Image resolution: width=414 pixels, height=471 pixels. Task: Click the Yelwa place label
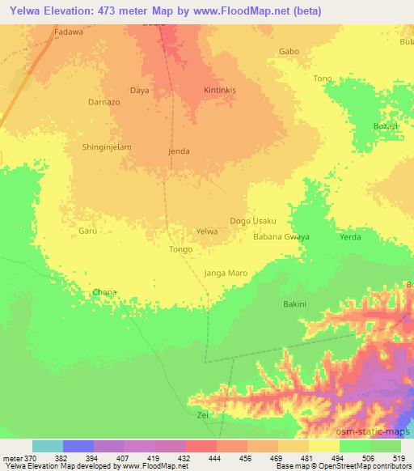tap(207, 231)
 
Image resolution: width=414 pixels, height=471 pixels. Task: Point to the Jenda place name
tap(179, 151)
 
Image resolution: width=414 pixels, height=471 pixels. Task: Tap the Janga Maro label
tap(226, 273)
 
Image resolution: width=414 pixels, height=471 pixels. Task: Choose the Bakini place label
tap(294, 304)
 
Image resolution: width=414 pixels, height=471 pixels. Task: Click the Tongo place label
tap(180, 249)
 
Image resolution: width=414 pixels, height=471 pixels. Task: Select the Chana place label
tap(104, 292)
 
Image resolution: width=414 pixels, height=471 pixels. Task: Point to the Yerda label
tap(350, 238)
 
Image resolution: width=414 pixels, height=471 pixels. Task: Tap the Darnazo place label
tap(103, 103)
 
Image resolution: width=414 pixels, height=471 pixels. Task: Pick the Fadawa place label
tap(68, 32)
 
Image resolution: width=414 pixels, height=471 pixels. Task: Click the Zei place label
tap(203, 414)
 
